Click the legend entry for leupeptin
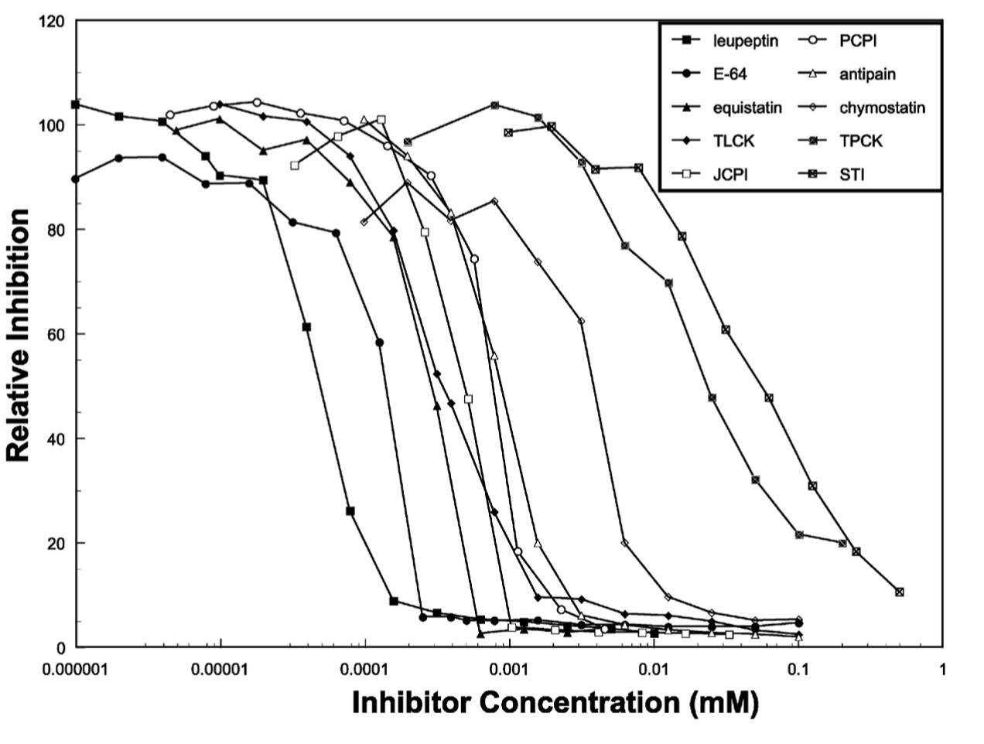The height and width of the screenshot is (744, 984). coord(746,41)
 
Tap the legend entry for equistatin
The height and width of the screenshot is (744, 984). coord(747,108)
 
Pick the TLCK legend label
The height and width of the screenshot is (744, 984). coord(730,142)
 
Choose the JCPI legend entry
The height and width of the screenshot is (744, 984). coord(730,175)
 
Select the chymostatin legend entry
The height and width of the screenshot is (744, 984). coord(882,108)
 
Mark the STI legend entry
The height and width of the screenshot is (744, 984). coord(852,175)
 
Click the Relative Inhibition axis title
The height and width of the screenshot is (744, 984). coord(19,334)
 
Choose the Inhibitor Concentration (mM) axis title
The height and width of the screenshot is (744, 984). coord(555,703)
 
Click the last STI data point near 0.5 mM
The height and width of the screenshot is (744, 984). coord(899,592)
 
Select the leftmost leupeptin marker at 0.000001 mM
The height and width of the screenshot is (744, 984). coord(76,104)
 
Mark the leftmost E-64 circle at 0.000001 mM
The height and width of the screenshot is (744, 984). coord(75,179)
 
